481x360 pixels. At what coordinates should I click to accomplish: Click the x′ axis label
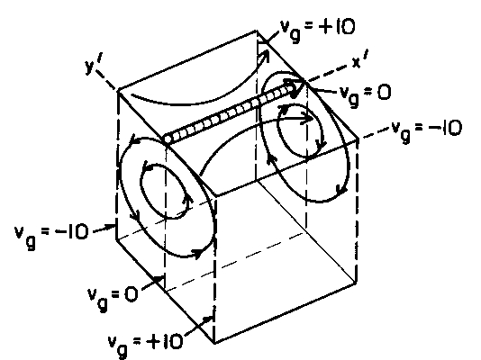click(359, 59)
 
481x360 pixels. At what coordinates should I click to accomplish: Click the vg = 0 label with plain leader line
click(366, 94)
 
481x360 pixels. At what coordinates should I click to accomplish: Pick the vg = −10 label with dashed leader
click(427, 130)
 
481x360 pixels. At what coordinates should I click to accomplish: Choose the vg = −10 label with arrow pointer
click(51, 235)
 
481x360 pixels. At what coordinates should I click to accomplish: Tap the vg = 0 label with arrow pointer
click(113, 297)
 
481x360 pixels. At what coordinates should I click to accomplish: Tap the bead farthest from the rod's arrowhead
click(168, 139)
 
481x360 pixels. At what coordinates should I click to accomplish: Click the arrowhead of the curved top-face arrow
click(264, 56)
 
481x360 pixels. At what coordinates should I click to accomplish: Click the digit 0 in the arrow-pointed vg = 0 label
click(132, 294)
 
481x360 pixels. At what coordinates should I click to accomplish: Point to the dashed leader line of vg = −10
click(375, 134)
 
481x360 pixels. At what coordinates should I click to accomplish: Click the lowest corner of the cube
click(214, 343)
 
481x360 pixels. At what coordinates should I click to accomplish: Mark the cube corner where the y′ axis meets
click(118, 90)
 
